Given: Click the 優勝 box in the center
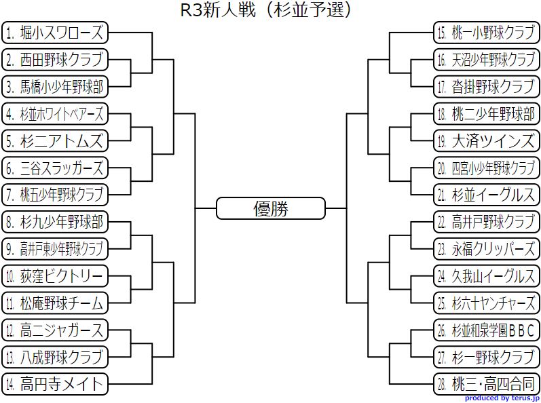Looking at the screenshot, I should [270, 208].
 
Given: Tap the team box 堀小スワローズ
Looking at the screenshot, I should [55, 33].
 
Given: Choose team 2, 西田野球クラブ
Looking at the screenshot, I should [55, 60].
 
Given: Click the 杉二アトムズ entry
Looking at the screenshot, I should [55, 140].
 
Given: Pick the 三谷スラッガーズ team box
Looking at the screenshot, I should [55, 168].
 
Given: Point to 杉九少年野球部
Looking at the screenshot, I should [55, 222].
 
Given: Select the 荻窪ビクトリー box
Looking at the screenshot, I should [55, 275].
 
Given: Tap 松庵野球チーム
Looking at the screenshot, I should [55, 303].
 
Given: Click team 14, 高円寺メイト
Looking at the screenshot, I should [55, 384].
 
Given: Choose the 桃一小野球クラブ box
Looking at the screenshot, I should [486, 33].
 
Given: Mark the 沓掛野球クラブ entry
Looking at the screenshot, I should [486, 87].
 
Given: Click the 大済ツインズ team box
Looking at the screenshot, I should [486, 140].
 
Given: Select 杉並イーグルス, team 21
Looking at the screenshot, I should [486, 195].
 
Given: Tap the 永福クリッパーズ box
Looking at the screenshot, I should [486, 248].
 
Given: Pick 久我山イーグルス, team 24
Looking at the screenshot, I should [486, 275].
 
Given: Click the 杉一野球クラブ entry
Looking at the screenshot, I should [486, 357].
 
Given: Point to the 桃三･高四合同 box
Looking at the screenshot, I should [486, 384].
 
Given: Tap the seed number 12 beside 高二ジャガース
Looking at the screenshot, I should [10, 330].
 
